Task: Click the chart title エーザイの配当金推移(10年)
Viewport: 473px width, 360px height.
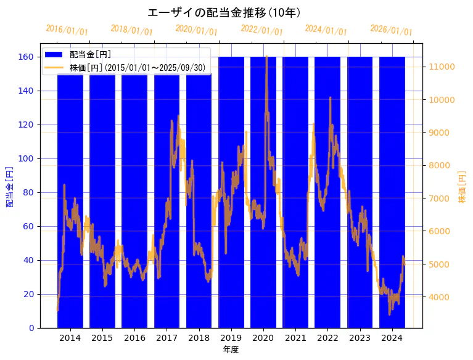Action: coord(224,12)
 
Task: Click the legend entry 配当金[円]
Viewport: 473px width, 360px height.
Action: coord(90,55)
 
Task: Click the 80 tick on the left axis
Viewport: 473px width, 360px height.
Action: coord(30,192)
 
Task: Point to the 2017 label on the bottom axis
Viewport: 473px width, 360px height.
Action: coord(167,338)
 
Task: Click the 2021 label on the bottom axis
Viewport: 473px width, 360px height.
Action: coord(295,338)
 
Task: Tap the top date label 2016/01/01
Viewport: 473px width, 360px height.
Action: coord(67,30)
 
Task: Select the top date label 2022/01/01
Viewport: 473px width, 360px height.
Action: coord(261,30)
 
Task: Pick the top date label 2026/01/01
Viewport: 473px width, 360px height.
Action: coord(391,30)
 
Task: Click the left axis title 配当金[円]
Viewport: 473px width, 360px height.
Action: coord(10,186)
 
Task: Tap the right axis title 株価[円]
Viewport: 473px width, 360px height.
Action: coord(463,187)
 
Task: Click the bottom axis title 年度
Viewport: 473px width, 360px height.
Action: coord(231,350)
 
